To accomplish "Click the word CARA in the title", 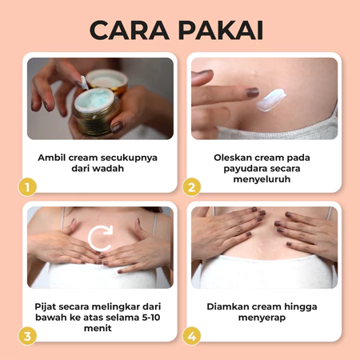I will [x=130, y=29].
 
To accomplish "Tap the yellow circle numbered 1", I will [x=28, y=187].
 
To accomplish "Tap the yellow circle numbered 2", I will [x=192, y=187].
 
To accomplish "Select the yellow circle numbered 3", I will [x=28, y=335].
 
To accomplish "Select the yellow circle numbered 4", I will [x=192, y=335].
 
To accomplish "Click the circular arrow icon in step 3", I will [x=100, y=238].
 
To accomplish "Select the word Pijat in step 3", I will [x=46, y=306].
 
